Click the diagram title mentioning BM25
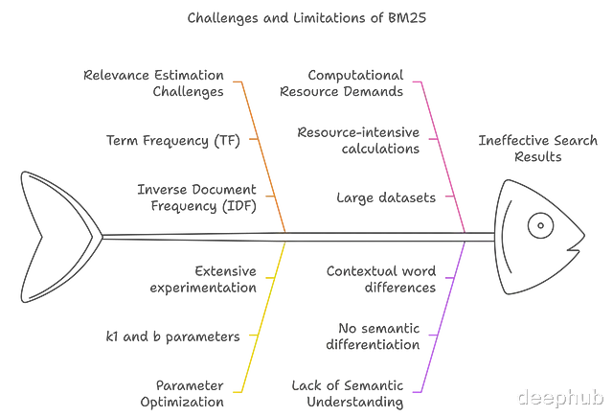coord(306,18)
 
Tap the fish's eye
coord(540,225)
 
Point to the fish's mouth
coord(574,246)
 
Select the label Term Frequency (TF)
coord(172,140)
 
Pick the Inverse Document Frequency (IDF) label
coord(196,197)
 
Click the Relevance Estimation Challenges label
coord(153,83)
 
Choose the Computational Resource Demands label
coord(341,83)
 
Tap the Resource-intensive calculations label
coord(358,140)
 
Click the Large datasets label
coord(386,197)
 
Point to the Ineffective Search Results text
coord(538,149)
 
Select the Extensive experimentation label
coord(203,279)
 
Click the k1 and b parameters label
coord(172,336)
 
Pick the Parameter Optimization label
coord(182,394)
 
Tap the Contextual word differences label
coord(381,279)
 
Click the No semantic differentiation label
coord(373,336)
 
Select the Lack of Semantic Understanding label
coord(348,394)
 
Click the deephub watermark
coord(560,397)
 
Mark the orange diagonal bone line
coord(264,157)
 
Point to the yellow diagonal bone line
coord(264,316)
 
